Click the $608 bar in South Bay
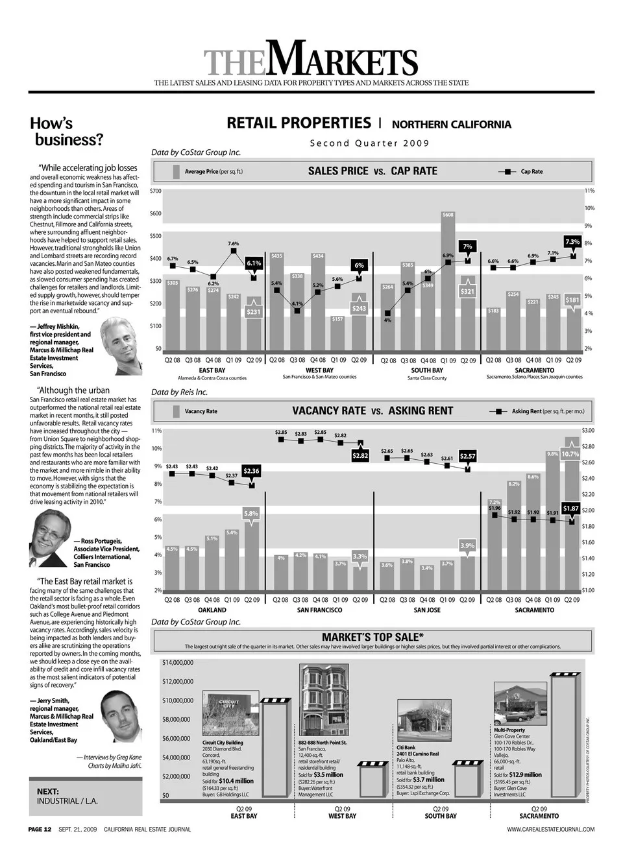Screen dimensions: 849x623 tap(448, 279)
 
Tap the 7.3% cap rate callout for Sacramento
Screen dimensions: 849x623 tap(572, 242)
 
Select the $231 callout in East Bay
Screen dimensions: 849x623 tap(254, 312)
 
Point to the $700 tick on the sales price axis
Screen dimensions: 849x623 tap(156, 191)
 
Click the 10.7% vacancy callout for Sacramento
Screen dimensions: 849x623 tap(570, 454)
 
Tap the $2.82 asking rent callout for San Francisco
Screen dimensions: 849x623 tap(360, 456)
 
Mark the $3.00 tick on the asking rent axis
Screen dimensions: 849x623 tap(587, 431)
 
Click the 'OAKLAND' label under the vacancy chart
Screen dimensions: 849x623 tap(212, 610)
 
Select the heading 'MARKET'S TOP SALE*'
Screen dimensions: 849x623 tap(373, 637)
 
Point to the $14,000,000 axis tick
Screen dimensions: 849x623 tap(177, 663)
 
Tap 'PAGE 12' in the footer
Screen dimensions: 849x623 tap(40, 829)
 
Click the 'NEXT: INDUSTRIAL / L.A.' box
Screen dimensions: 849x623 tap(86, 796)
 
